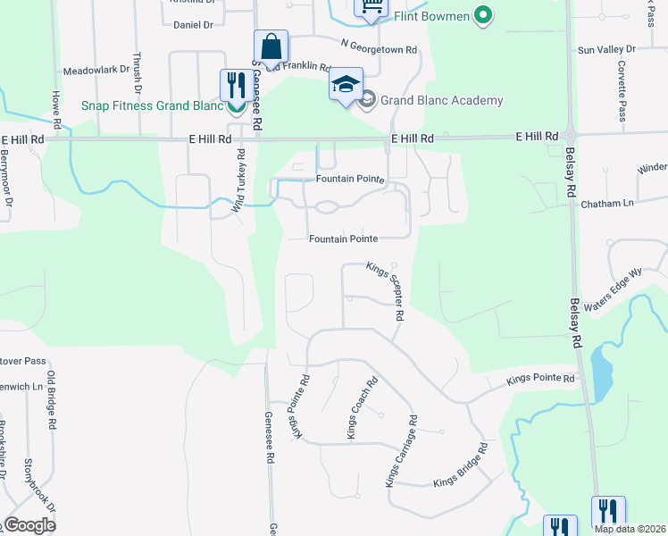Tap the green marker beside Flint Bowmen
point(483,14)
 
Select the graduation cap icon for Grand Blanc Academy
point(346,86)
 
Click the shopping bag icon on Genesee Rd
point(271,46)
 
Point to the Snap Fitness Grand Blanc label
point(151,105)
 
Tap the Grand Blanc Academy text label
point(441,101)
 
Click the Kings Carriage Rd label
point(401,450)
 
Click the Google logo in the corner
point(29,524)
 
